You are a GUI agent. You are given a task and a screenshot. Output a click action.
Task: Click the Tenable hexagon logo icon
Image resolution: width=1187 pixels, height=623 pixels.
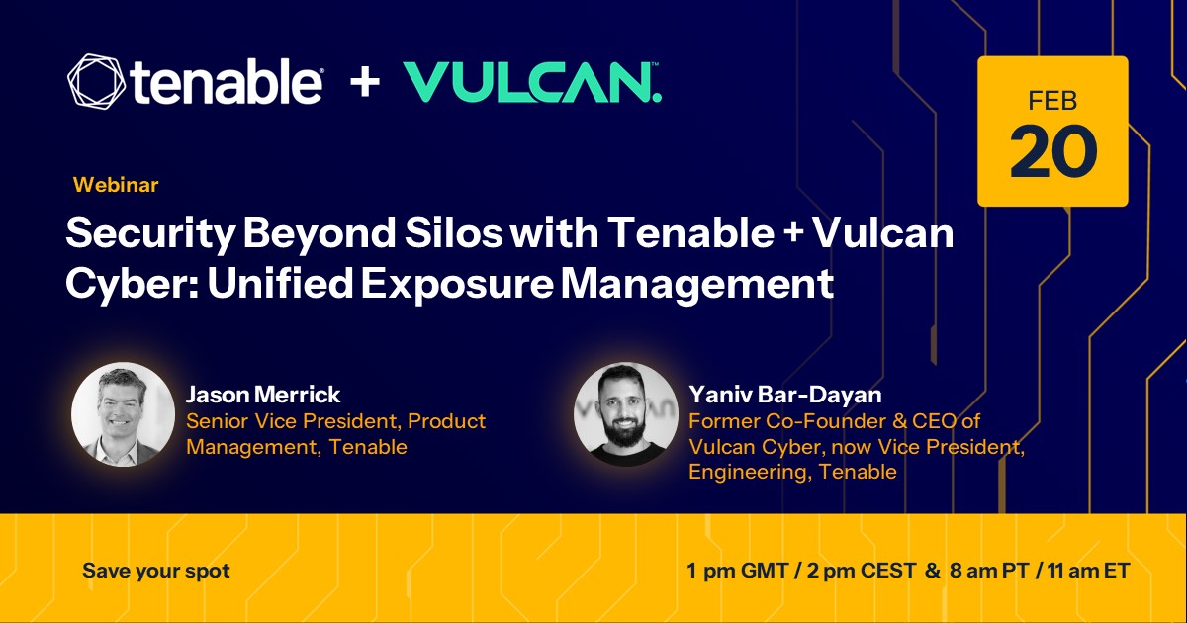tap(97, 81)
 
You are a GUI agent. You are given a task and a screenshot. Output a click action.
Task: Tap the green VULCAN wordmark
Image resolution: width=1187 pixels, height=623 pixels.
tap(532, 82)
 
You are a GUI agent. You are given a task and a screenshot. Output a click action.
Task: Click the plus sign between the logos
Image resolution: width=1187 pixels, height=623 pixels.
tap(365, 82)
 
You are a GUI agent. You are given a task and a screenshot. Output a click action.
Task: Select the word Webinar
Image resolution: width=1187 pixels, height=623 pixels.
tap(116, 185)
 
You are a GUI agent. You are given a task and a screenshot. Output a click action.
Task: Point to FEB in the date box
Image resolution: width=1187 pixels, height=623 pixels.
tap(1052, 101)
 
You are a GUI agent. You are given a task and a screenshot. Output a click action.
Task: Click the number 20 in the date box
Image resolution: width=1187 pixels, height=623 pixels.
tap(1052, 151)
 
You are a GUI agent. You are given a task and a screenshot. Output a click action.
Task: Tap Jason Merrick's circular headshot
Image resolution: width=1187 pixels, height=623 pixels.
tap(123, 414)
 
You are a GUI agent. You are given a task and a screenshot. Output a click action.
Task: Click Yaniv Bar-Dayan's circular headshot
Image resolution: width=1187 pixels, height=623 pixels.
tap(626, 414)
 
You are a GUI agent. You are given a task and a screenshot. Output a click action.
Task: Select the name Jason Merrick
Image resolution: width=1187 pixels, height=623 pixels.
tap(263, 395)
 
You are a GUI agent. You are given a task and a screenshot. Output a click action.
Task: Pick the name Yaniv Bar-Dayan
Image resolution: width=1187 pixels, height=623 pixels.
tap(785, 395)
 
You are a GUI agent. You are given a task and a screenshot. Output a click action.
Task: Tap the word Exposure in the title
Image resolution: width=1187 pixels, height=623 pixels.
tap(458, 284)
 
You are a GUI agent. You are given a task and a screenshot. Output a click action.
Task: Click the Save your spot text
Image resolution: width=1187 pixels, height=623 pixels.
tap(156, 571)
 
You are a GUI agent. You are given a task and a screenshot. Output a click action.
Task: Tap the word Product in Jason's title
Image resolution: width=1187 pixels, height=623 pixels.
tap(446, 421)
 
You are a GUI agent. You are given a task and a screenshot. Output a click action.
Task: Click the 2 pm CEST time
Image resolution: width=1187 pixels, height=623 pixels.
tap(862, 571)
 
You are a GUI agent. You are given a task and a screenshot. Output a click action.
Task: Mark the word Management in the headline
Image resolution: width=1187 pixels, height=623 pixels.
tap(697, 285)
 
